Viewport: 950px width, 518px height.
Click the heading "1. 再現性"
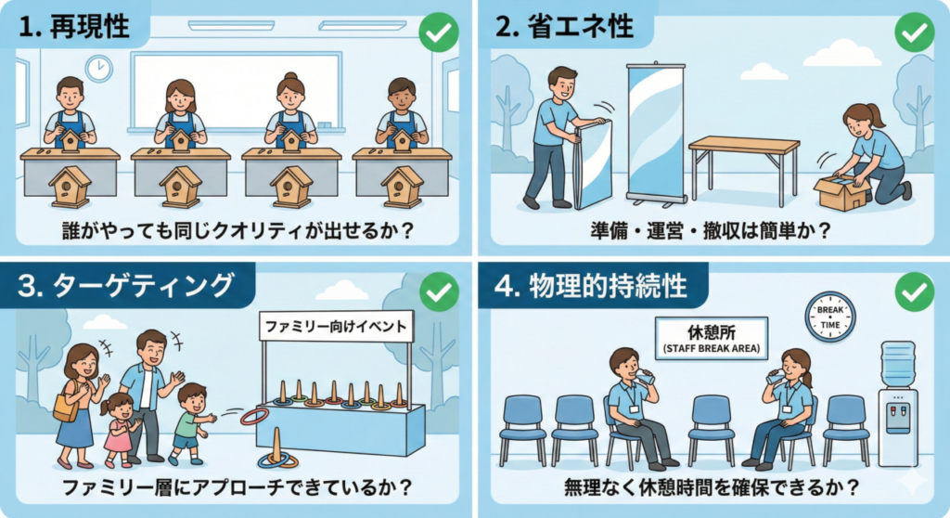click(x=74, y=26)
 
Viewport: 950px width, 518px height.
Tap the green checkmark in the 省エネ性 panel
click(x=914, y=32)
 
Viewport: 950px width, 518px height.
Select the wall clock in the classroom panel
click(x=98, y=69)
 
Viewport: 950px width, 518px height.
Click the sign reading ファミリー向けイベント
click(x=336, y=327)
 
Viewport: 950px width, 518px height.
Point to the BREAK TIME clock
click(x=829, y=317)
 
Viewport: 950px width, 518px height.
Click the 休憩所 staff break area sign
click(x=712, y=338)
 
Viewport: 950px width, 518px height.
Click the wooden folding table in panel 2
click(x=744, y=168)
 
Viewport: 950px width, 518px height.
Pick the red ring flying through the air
click(x=254, y=417)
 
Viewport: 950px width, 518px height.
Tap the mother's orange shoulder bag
click(x=66, y=405)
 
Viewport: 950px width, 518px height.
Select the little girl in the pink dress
click(x=120, y=430)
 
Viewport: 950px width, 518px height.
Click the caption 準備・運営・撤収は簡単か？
click(x=711, y=230)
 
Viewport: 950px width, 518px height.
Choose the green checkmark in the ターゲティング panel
click(x=439, y=291)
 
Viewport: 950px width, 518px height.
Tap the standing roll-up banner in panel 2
click(x=655, y=133)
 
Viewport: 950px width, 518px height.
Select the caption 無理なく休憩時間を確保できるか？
click(x=712, y=487)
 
